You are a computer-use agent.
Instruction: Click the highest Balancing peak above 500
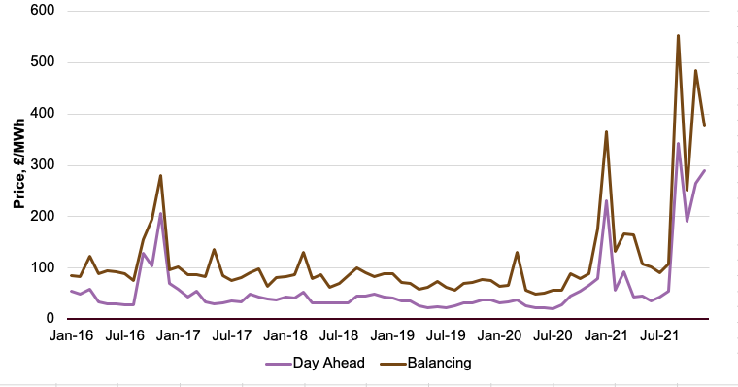tap(678, 36)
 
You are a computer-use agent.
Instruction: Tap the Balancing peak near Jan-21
tap(606, 132)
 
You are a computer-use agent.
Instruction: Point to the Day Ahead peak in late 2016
tap(161, 213)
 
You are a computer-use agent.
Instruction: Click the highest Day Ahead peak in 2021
tap(678, 144)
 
